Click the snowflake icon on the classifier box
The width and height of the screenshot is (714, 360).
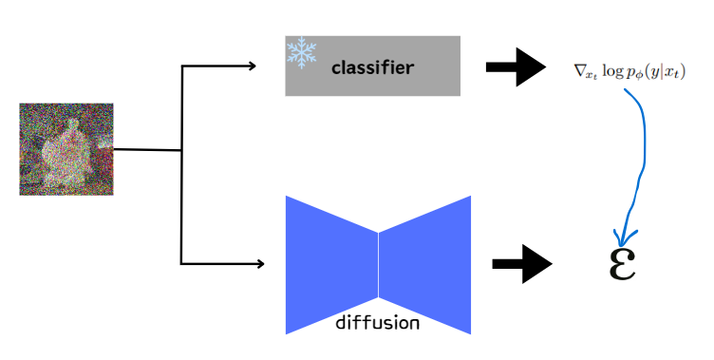(x=301, y=53)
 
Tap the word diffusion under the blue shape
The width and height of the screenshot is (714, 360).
(x=377, y=322)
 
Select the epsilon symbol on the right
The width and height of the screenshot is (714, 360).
(x=620, y=263)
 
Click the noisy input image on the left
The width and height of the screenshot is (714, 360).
(x=66, y=149)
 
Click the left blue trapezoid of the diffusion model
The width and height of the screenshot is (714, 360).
(x=332, y=264)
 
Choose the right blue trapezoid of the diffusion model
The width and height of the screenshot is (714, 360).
(x=424, y=264)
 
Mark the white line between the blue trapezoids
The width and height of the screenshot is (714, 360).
(x=379, y=264)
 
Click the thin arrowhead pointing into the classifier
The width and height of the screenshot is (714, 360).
(x=252, y=66)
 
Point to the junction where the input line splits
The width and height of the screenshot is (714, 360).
(x=181, y=150)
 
